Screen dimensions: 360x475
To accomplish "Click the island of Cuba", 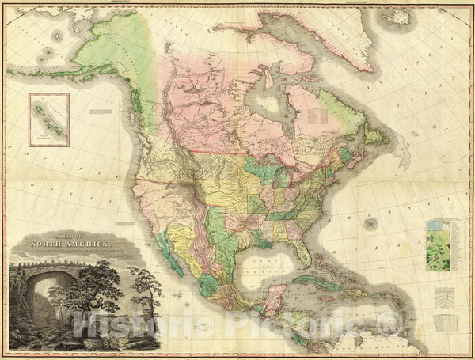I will (x=313, y=281).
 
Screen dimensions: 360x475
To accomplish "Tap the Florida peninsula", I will (x=302, y=254).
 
